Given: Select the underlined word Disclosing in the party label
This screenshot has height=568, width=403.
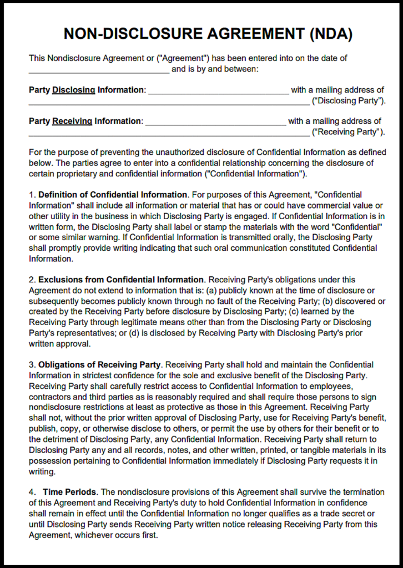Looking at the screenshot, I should coord(74,90).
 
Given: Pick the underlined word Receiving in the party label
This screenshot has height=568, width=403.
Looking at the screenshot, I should coord(73,121).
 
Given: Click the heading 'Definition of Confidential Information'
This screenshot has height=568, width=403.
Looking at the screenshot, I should coord(113,195).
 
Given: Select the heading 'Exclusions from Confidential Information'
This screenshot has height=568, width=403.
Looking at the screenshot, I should coord(121,280).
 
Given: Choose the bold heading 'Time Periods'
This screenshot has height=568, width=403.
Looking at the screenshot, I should coord(69,492).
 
